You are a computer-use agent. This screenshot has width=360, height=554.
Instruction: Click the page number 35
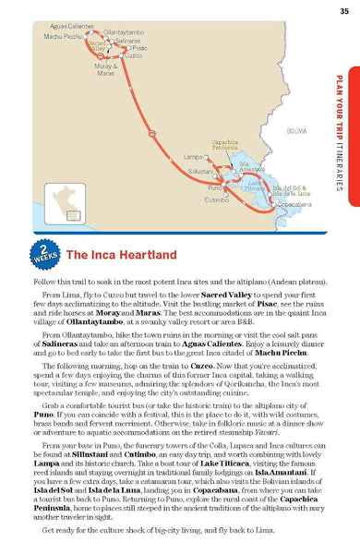pyautogui.click(x=343, y=10)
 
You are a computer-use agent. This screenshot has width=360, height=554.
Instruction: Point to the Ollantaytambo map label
pyautogui.click(x=123, y=31)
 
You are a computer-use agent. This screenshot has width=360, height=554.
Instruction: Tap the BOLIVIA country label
pyautogui.click(x=297, y=132)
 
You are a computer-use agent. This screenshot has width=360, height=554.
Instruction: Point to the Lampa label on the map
pyautogui.click(x=193, y=157)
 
